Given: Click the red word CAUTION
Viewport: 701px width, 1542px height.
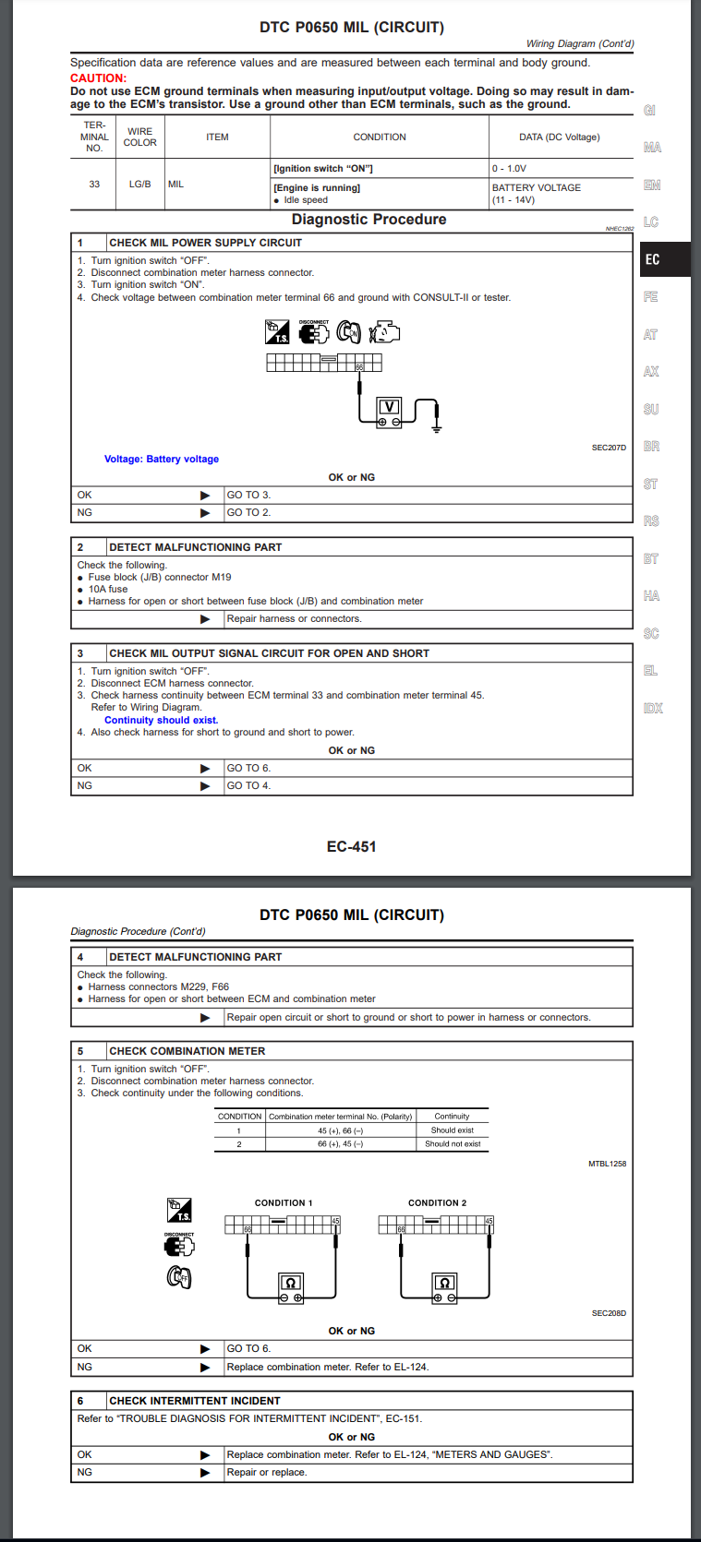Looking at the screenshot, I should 98,78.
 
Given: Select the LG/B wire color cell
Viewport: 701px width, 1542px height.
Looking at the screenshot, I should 139,185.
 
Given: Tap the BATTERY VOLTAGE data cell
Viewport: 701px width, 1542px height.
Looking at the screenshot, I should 537,187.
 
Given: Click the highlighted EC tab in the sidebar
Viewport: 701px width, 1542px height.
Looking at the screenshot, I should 653,260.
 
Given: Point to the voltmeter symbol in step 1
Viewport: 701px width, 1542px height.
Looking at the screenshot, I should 389,411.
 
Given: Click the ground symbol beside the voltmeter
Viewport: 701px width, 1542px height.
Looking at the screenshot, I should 436,427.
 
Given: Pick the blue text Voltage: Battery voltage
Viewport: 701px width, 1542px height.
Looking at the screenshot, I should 162,459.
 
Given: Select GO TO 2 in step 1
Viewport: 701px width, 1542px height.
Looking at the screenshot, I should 248,513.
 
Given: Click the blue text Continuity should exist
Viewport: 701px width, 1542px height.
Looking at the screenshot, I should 162,720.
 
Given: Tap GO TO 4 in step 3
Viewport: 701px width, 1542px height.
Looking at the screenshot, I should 248,786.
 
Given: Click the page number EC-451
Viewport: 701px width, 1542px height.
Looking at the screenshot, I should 351,846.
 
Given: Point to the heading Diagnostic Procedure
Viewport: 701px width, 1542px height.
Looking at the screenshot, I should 369,220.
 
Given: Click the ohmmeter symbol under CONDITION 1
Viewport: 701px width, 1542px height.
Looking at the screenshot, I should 291,1286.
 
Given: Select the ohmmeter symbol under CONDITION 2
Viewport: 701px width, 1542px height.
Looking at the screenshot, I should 444,1286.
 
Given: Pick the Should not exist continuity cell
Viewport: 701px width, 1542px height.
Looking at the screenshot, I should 453,1144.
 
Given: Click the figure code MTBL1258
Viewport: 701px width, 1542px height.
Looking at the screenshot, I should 607,1164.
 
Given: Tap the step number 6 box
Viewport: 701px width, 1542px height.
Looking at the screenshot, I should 80,1401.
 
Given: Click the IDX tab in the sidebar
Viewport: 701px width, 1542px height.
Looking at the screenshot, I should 653,709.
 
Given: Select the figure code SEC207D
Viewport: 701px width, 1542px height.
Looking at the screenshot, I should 609,448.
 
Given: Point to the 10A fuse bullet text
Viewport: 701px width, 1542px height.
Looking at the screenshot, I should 108,589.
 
